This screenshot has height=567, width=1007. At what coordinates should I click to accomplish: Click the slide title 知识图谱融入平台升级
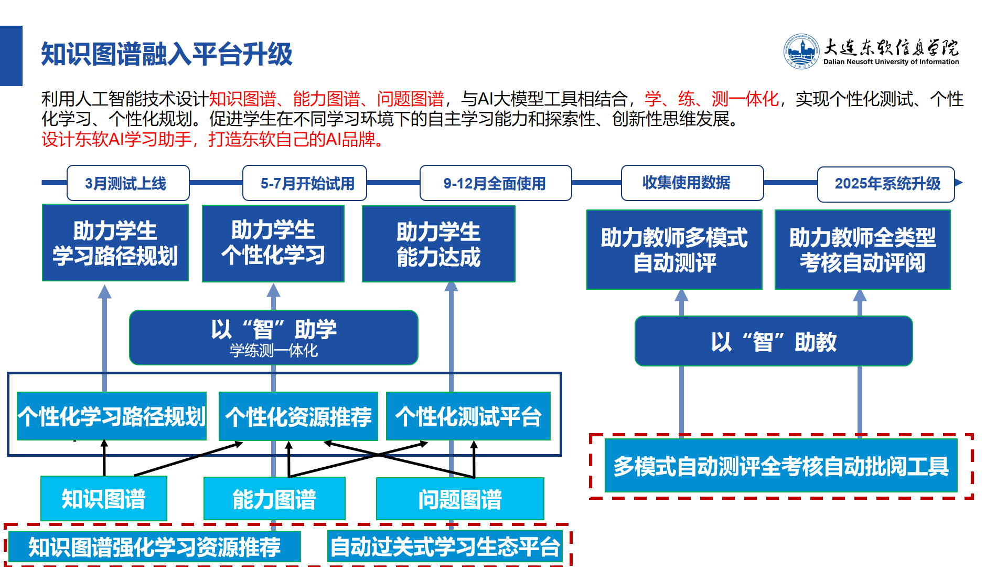[167, 54]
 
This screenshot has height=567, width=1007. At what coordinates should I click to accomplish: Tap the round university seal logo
[801, 51]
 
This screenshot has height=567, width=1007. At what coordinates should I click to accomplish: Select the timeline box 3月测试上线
[128, 183]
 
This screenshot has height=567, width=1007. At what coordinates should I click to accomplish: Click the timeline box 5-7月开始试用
[305, 183]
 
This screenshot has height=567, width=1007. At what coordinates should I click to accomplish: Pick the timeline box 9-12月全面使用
[496, 183]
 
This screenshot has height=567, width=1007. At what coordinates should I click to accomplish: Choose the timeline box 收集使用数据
[692, 183]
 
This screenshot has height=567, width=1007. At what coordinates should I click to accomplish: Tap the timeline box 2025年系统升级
[886, 184]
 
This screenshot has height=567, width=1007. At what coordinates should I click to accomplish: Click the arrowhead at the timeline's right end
[959, 183]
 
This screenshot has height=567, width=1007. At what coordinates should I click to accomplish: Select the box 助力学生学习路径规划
[115, 243]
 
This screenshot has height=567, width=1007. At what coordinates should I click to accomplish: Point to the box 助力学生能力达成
[438, 244]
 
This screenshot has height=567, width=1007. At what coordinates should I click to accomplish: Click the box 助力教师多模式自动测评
[674, 249]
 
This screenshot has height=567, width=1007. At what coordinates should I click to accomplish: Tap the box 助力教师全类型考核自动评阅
[863, 249]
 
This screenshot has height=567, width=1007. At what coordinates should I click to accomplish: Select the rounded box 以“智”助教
[774, 341]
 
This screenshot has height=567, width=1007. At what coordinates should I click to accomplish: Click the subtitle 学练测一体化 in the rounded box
[274, 351]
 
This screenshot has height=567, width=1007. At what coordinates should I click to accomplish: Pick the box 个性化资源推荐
[298, 416]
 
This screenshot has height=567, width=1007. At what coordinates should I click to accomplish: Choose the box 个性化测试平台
[468, 416]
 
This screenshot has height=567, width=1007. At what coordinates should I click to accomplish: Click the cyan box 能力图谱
[274, 499]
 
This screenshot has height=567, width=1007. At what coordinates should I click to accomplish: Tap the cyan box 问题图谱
[460, 499]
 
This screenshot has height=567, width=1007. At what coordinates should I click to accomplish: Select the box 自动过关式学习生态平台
[445, 547]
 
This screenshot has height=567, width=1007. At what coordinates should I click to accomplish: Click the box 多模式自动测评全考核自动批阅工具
[781, 466]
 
